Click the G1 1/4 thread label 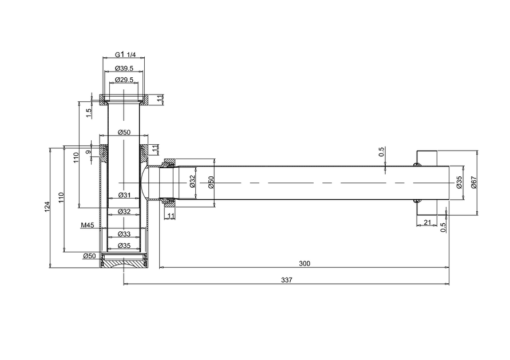pos(125,54)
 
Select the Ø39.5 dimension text pos(124,68)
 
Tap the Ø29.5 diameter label pos(124,80)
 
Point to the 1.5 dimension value pos(89,113)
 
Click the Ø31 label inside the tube pos(124,195)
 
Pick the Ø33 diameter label pos(124,234)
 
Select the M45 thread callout pos(88,225)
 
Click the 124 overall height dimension pos(48,207)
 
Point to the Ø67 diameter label pos(473,182)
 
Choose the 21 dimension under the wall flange pos(428,223)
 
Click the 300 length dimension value pos(305,263)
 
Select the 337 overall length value pos(287,280)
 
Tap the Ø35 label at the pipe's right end pos(459,182)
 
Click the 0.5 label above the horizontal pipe pos(382,152)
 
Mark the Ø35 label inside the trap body pos(124,246)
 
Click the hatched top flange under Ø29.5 pos(124,100)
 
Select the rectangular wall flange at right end pos(427,183)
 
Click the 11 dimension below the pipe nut pos(171,216)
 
